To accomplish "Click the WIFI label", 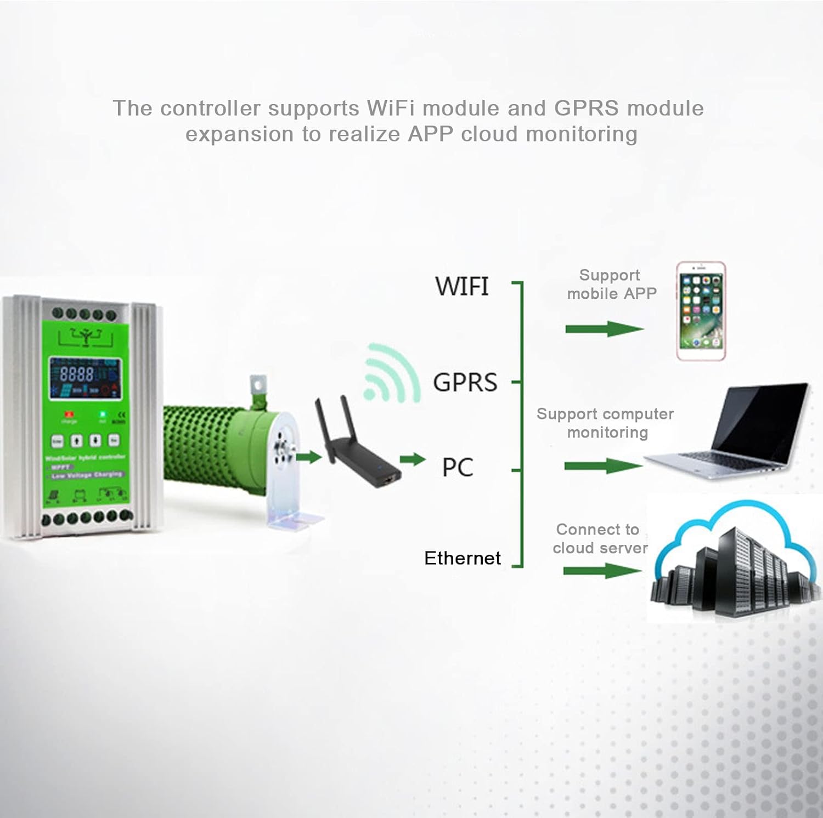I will coord(461,286).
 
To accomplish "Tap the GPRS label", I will coord(465,382).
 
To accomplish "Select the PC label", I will coord(457,468).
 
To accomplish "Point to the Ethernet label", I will coord(462,558).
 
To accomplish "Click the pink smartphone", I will coord(701,311).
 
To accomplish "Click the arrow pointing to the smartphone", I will coord(604,329).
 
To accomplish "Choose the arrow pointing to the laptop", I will coord(602,467).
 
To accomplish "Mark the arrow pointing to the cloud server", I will coord(602,571).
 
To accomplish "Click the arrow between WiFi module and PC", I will coord(413,459).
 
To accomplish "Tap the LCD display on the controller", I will coord(85,378).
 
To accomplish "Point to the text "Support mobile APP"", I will coord(611,285).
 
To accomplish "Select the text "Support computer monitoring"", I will coord(606,423).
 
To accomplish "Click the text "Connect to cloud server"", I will coord(599,538).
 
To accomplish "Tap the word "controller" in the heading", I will coord(210,108).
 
